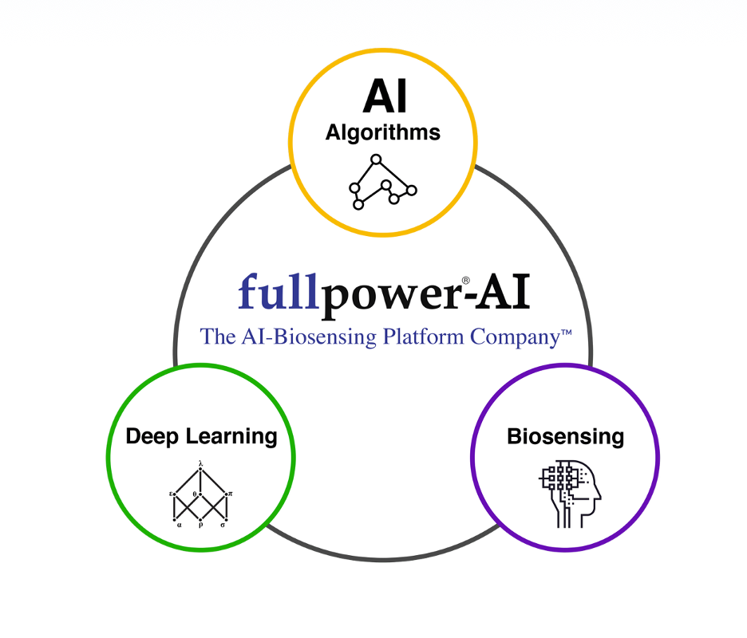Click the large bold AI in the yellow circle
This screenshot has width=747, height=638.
pos(384,97)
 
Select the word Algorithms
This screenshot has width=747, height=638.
pos(383,132)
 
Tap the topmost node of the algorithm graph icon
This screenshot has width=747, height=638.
pos(376,159)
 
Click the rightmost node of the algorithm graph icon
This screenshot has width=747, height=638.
pos(412,190)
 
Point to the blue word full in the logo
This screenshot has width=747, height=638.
pos(279,293)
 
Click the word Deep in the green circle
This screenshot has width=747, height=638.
pos(152,436)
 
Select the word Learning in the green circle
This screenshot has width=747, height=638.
pos(231,437)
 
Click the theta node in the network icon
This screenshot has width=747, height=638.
pos(200,494)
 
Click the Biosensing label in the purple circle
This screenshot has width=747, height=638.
pos(565,436)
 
